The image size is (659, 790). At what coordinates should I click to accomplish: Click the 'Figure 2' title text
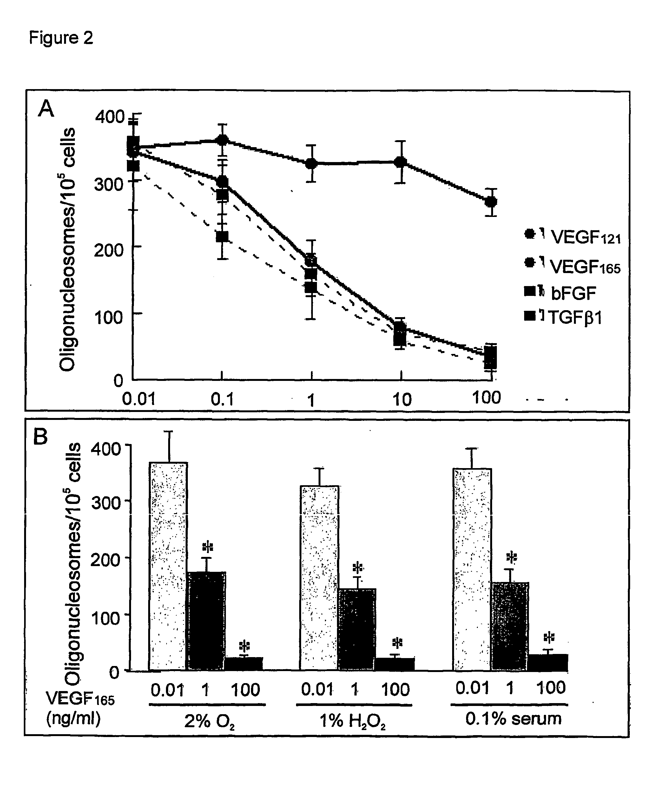[61, 38]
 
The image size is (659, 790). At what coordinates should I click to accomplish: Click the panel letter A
[46, 109]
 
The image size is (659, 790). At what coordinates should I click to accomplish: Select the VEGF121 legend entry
[572, 237]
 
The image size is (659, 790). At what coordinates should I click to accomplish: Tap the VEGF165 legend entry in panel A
[572, 266]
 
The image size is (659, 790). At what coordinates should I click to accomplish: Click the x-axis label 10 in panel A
[402, 400]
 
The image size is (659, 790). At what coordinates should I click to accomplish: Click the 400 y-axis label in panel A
[109, 117]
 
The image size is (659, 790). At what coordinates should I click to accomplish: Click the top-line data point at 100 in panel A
[491, 202]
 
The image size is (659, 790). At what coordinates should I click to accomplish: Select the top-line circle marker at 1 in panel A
[311, 164]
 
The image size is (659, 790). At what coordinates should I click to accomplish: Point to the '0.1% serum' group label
[513, 719]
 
